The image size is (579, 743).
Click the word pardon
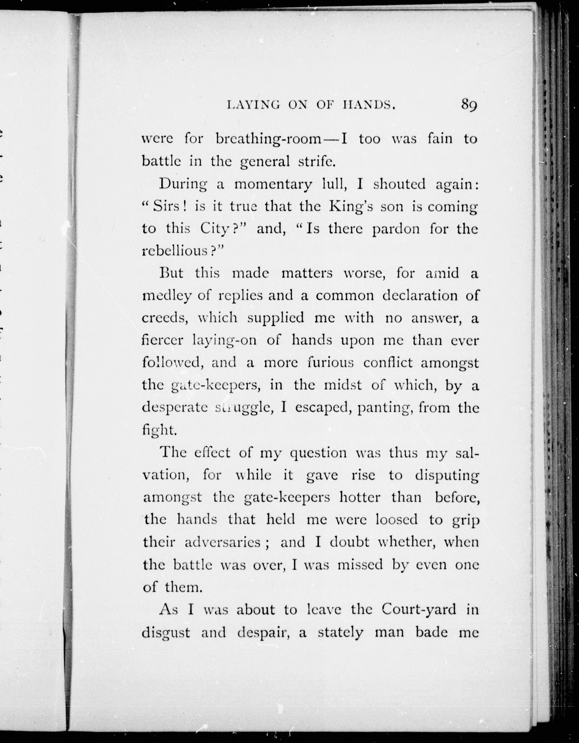(396, 230)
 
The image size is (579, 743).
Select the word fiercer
(163, 340)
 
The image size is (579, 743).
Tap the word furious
(330, 363)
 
